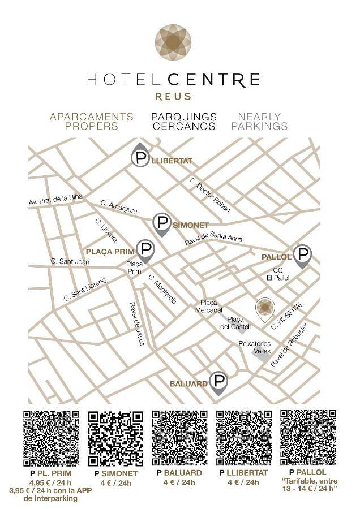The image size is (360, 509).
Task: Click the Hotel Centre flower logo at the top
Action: click(173, 43)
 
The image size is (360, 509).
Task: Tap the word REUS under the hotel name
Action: click(173, 97)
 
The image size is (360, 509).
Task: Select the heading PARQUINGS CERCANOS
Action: click(183, 122)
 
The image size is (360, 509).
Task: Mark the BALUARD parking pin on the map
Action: click(218, 382)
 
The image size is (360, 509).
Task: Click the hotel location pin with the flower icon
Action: click(264, 308)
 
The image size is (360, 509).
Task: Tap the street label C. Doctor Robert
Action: click(210, 196)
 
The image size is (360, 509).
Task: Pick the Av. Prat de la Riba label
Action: click(56, 200)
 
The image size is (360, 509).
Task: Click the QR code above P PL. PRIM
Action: click(50, 438)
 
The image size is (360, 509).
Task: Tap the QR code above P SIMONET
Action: click(115, 439)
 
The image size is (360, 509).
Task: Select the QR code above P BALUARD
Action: click(181, 438)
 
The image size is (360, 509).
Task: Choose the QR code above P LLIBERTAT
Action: click(244, 438)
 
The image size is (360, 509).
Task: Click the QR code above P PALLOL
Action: click(308, 438)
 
